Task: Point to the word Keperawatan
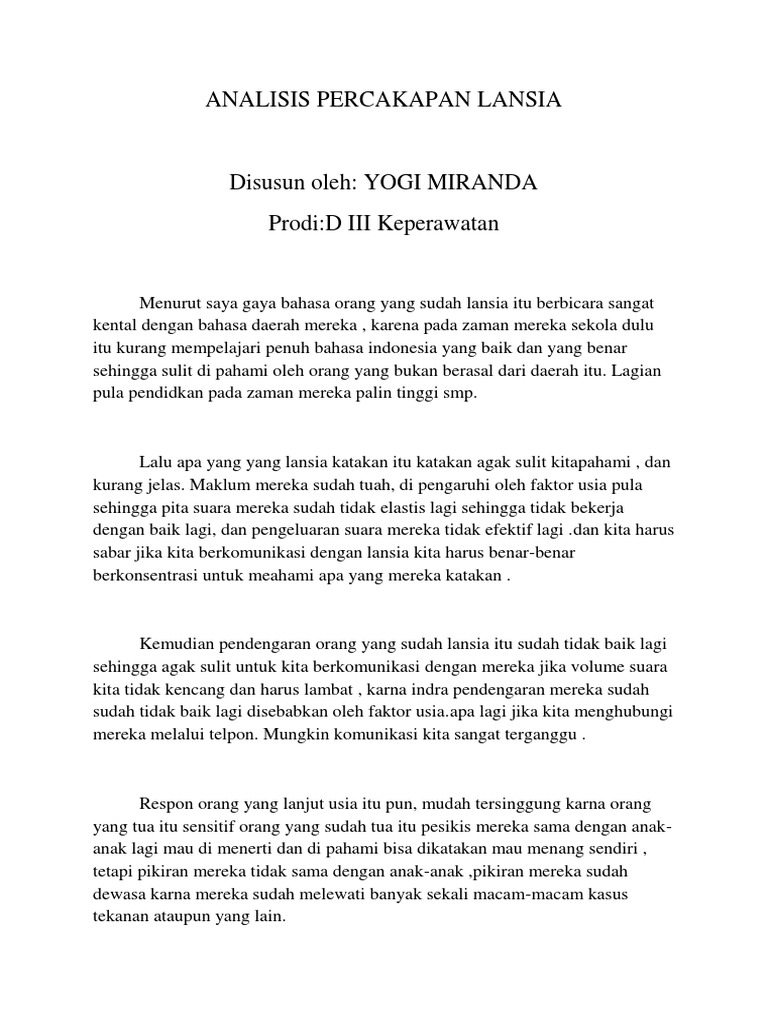click(x=440, y=223)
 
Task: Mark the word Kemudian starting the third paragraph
click(x=176, y=643)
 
